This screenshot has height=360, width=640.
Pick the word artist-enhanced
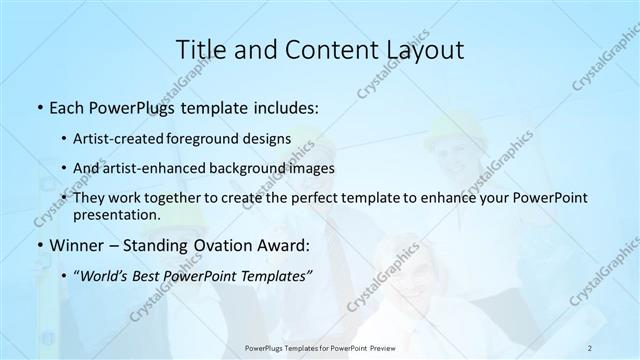pos(163,169)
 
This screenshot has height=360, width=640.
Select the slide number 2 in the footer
pos(590,347)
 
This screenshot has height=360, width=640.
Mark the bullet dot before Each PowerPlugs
pos(38,105)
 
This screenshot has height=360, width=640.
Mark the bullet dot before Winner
pos(38,245)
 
